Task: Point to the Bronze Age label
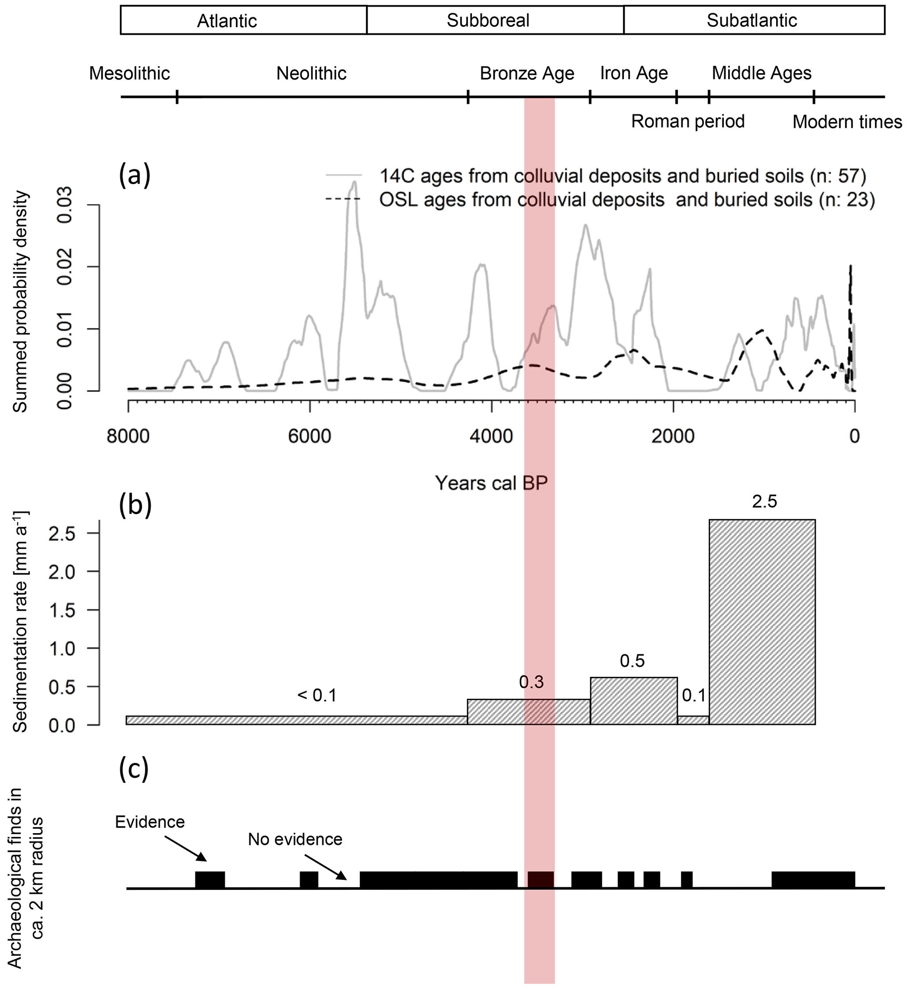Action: pyautogui.click(x=527, y=74)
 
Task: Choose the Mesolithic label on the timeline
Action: pyautogui.click(x=129, y=74)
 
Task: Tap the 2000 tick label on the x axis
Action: pyautogui.click(x=673, y=436)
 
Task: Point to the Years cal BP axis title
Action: pyautogui.click(x=491, y=483)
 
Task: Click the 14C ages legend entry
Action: pyautogui.click(x=623, y=176)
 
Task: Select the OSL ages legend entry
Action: pyautogui.click(x=626, y=200)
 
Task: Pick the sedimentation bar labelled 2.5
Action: pyautogui.click(x=762, y=622)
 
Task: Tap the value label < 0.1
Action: pyautogui.click(x=317, y=695)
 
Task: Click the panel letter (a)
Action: pyautogui.click(x=134, y=175)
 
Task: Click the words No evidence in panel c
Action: pyautogui.click(x=295, y=839)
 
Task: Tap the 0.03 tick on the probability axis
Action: pyautogui.click(x=66, y=204)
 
